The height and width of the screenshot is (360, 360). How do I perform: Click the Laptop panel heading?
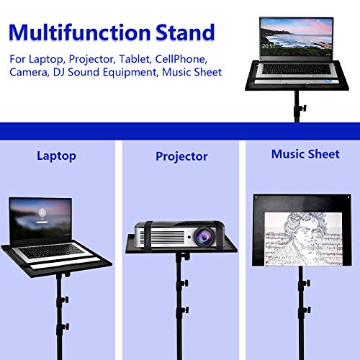click(x=55, y=156)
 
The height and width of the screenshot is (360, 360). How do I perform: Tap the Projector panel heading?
click(x=181, y=156)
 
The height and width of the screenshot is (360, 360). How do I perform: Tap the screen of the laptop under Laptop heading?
click(x=40, y=219)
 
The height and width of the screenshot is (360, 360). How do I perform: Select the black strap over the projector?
click(x=145, y=235)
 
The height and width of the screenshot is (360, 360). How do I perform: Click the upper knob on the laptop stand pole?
click(x=65, y=297)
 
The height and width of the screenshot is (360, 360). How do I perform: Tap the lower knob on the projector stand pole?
click(x=184, y=310)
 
